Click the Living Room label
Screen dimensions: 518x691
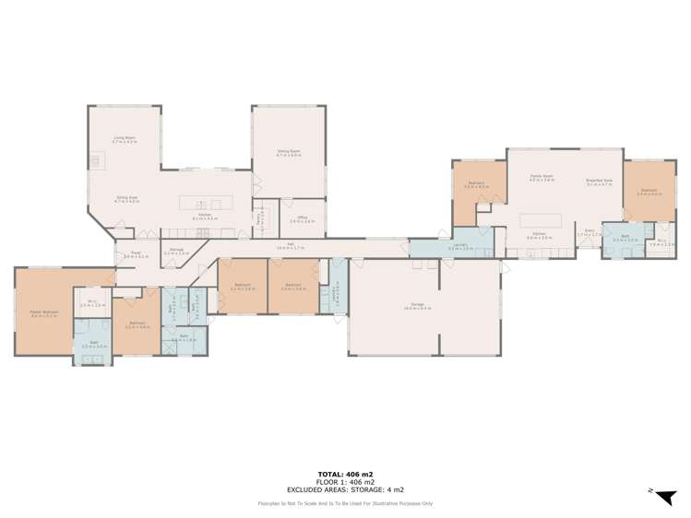pyautogui.click(x=124, y=138)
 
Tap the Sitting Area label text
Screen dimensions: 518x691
pyautogui.click(x=125, y=197)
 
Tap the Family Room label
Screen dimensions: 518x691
pyautogui.click(x=542, y=177)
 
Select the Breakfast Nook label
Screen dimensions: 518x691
pyautogui.click(x=600, y=181)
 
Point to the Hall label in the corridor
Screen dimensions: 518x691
pyautogui.click(x=284, y=245)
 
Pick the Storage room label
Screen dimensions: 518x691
pyautogui.click(x=177, y=250)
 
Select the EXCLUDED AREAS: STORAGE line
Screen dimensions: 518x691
pyautogui.click(x=345, y=489)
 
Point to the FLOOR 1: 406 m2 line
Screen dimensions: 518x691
pyautogui.click(x=345, y=480)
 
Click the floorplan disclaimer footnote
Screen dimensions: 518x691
pyautogui.click(x=345, y=503)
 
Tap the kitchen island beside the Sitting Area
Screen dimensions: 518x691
pyautogui.click(x=200, y=203)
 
